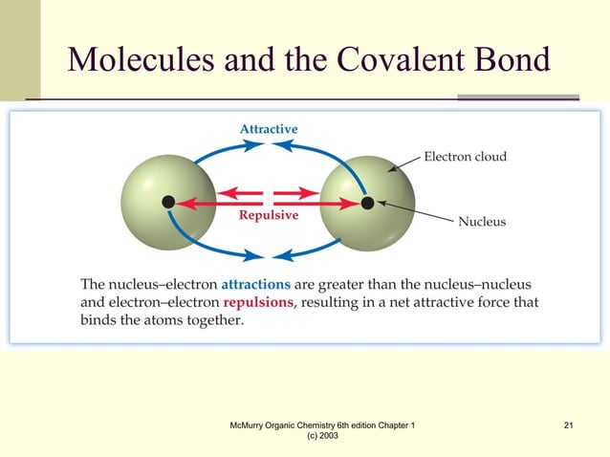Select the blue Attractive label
click(x=268, y=129)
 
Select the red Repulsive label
click(x=268, y=215)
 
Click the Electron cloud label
click(x=466, y=156)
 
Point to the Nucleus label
click(x=482, y=222)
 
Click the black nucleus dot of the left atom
click(x=168, y=202)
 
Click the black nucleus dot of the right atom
click(x=367, y=203)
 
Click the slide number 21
click(x=569, y=424)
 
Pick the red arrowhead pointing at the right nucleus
click(x=353, y=203)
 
